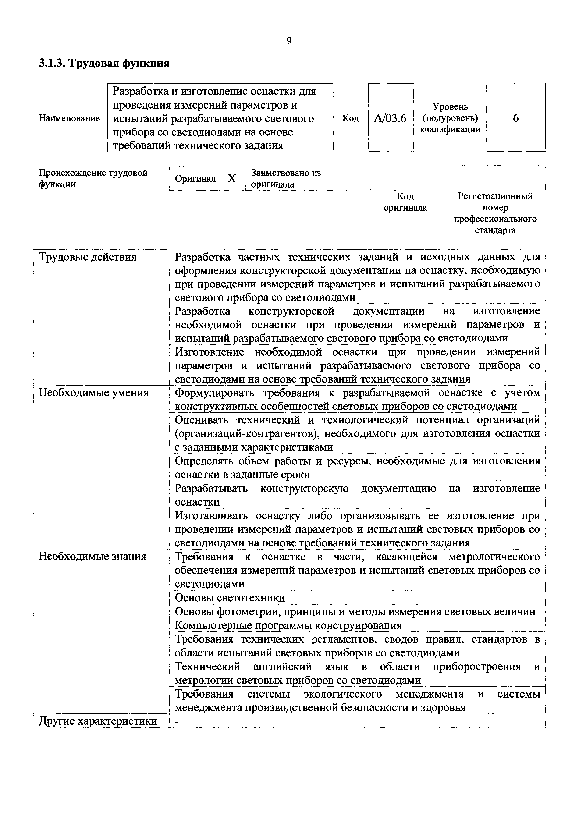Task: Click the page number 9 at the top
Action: [289, 41]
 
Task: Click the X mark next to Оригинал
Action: [232, 178]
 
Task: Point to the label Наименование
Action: [69, 118]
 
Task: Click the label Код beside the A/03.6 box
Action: [350, 118]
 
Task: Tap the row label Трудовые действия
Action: [88, 257]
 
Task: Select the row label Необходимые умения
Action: [93, 393]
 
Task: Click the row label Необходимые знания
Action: [92, 557]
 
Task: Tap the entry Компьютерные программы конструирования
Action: [288, 625]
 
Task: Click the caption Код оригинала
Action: [405, 202]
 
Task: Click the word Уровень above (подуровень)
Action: [450, 107]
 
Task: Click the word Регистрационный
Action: [495, 196]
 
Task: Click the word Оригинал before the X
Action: [195, 178]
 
